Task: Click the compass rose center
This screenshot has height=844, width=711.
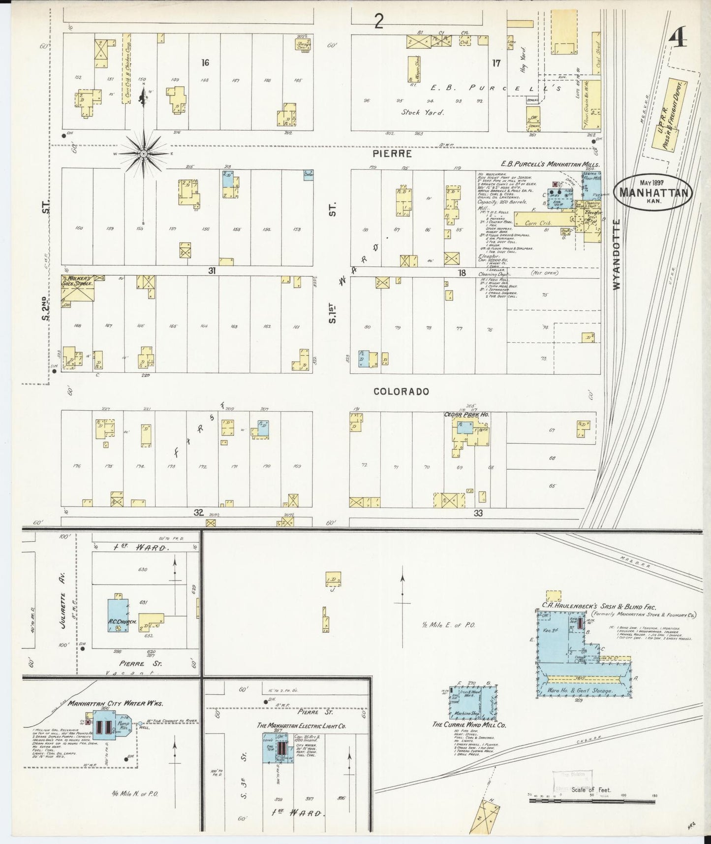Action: (144, 154)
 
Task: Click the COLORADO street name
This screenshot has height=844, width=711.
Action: (401, 391)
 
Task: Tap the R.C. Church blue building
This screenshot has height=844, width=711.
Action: (118, 616)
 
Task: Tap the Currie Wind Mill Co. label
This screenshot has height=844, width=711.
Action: (468, 724)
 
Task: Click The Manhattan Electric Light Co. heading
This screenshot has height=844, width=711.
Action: (301, 725)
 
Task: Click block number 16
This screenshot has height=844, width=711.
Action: (205, 63)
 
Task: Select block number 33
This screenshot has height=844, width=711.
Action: (478, 513)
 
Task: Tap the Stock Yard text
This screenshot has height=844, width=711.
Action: (422, 112)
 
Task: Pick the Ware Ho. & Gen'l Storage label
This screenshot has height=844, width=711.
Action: (581, 690)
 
